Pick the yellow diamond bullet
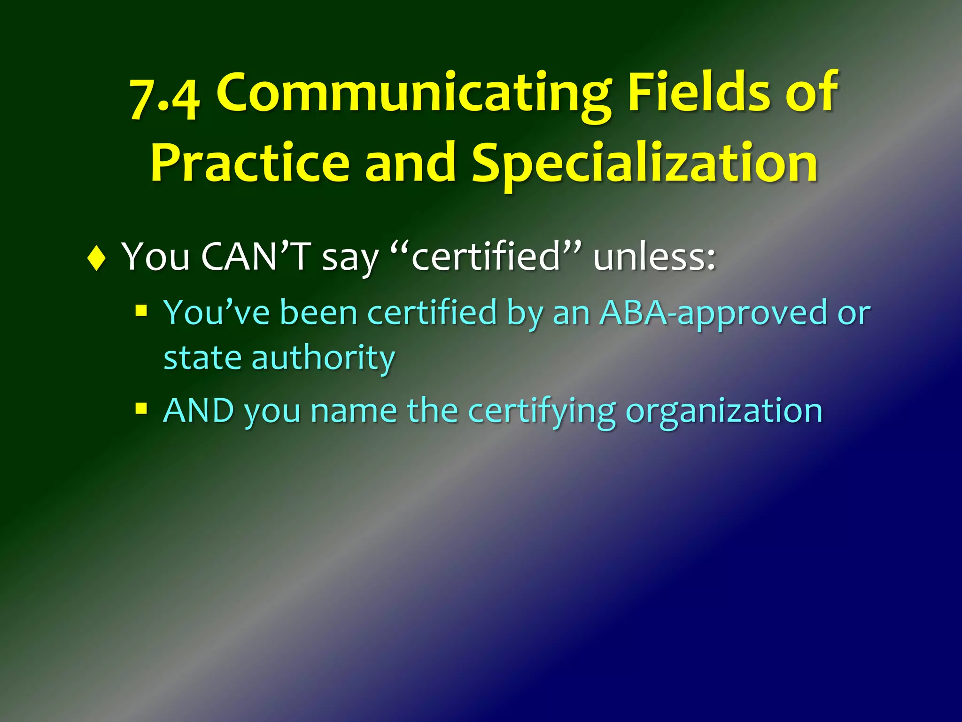tap(96, 258)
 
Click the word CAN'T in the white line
tap(256, 257)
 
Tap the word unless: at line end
tap(654, 257)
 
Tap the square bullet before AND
tap(141, 408)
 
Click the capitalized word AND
tap(198, 410)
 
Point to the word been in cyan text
tap(319, 312)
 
